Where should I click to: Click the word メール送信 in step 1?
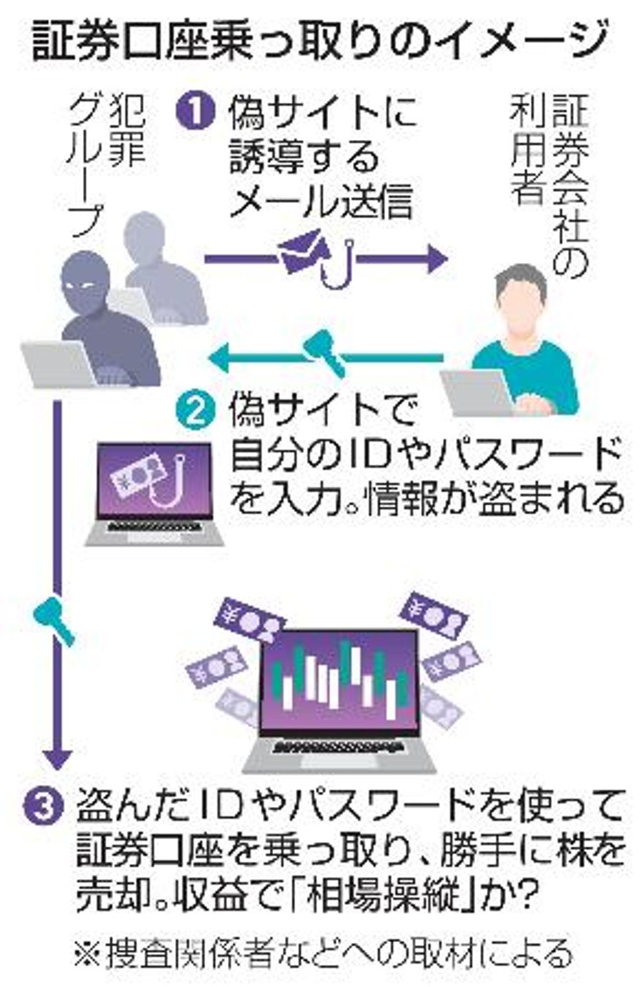(321, 201)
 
